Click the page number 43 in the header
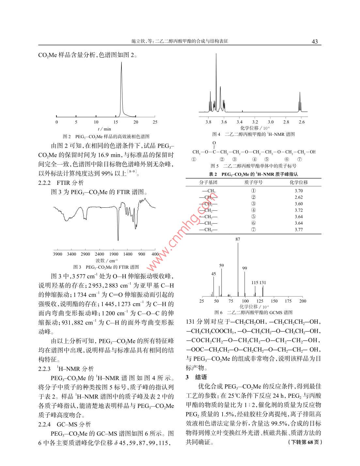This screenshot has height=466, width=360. point(315,41)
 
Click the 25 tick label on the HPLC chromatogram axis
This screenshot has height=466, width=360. point(155,122)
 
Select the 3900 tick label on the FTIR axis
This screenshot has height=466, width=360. point(57,254)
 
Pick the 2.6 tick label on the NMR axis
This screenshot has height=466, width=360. point(302,122)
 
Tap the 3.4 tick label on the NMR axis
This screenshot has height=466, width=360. point(239,122)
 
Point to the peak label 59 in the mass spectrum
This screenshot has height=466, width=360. point(222,265)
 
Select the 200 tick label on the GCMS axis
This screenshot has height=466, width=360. point(303,301)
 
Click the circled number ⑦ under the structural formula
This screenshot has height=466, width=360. point(300,159)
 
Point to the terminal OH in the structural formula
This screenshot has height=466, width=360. point(313,152)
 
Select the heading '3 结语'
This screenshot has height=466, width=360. point(196,377)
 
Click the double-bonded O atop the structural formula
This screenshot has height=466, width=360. point(214,143)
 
